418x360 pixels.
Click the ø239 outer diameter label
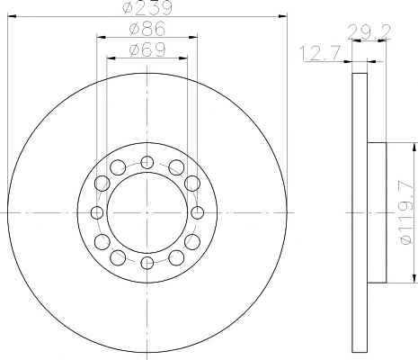tap(147, 7)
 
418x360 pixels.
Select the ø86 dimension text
tap(147, 29)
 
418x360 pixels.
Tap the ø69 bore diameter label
tap(147, 49)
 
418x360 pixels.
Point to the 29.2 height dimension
tap(369, 32)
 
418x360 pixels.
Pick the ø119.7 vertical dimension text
tap(407, 212)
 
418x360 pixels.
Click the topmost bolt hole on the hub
tap(147, 162)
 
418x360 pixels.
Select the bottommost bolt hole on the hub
tap(147, 263)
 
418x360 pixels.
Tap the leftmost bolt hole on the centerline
tap(97, 212)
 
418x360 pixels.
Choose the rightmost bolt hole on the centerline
tap(197, 212)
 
